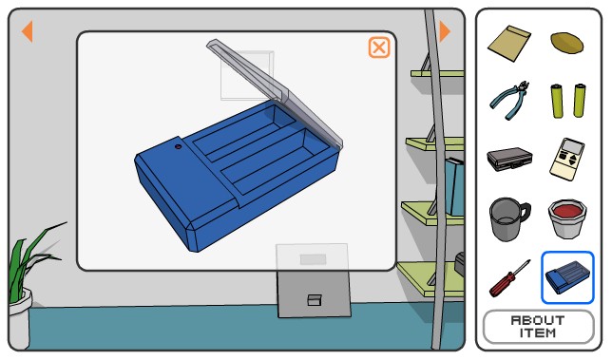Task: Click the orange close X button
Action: coord(379,47)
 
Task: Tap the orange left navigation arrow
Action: coord(28,31)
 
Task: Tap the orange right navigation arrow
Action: coord(445,31)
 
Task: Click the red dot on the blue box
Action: coord(178,146)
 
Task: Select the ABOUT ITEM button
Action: coord(538,327)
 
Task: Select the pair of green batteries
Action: coord(568,101)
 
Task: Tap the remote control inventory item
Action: coord(567,160)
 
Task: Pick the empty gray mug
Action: coord(508,219)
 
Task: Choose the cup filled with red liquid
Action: coord(567,218)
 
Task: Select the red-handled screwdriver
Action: coord(509,278)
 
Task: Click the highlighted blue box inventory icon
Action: coord(567,277)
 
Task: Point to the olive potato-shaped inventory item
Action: coord(567,42)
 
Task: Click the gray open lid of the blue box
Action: coord(274,91)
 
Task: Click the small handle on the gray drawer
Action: coord(315,300)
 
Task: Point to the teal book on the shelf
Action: coord(454,186)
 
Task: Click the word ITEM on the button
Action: coord(538,333)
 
